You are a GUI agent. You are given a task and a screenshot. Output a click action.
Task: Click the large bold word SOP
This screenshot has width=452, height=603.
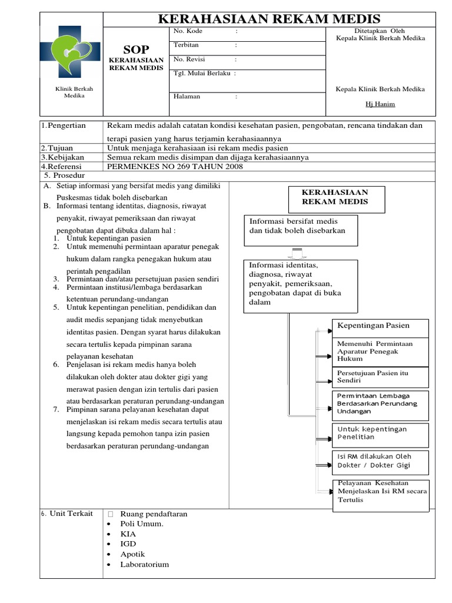[x=136, y=49]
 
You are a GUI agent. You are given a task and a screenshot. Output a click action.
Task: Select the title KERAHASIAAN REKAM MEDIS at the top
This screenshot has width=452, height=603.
[x=270, y=19]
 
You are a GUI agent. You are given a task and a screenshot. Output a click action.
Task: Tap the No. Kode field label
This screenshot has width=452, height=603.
[x=187, y=31]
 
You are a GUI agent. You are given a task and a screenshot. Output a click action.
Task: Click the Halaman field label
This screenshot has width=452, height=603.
[x=187, y=97]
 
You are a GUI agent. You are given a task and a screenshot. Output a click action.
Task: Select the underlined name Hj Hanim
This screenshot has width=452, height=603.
[x=380, y=104]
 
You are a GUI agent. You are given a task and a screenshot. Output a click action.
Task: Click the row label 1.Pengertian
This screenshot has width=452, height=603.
[x=64, y=125]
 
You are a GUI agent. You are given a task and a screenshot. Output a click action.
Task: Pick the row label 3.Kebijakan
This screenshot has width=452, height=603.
[x=63, y=157]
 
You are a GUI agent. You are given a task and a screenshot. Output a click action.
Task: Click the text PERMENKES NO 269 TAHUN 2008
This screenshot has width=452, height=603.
[x=175, y=166]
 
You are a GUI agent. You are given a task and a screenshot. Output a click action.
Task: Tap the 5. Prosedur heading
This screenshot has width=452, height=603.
[x=65, y=175]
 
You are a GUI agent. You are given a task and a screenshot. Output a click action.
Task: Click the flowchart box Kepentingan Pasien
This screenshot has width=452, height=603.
[x=381, y=326]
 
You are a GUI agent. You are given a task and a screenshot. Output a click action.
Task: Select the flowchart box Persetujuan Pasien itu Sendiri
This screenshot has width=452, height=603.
[x=381, y=377]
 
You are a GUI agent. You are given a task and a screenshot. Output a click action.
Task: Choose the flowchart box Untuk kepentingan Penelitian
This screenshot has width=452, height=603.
[x=381, y=433]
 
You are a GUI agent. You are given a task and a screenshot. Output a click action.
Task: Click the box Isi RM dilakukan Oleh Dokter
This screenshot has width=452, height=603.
[x=381, y=460]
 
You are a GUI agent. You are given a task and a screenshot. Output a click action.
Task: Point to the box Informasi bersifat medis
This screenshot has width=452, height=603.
[x=300, y=226]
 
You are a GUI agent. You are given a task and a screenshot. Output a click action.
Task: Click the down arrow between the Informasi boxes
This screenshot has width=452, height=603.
[x=297, y=253]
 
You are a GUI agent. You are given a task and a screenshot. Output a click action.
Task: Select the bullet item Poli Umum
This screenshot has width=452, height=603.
[x=142, y=524]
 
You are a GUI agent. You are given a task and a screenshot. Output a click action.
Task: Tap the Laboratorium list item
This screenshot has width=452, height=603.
[x=144, y=564]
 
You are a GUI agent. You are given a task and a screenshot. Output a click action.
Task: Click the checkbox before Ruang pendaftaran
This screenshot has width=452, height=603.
[x=110, y=514]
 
